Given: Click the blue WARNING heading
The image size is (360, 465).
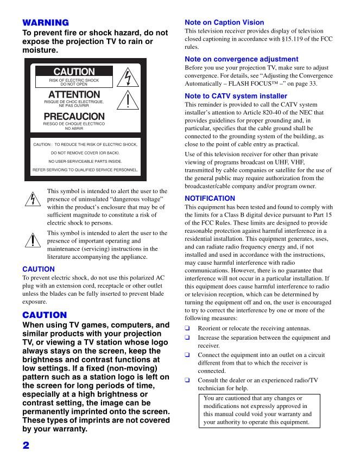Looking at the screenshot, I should pyautogui.click(x=45, y=23).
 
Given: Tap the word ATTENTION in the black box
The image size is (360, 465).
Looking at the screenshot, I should pyautogui.click(x=74, y=95).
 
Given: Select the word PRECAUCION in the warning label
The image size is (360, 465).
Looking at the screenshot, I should pyautogui.click(x=74, y=117).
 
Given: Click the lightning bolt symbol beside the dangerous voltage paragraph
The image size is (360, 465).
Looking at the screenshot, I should pyautogui.click(x=33, y=199).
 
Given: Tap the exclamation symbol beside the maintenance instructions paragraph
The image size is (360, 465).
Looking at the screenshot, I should pyautogui.click(x=33, y=239).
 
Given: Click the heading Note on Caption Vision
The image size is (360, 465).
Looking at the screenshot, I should pyautogui.click(x=224, y=23).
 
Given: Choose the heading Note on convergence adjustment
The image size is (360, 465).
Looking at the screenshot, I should pyautogui.click(x=241, y=59).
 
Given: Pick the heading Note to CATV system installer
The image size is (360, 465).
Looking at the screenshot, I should pyautogui.click(x=236, y=96).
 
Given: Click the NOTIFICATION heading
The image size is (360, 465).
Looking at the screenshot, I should pyautogui.click(x=210, y=198).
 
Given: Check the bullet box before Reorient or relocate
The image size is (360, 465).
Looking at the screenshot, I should pyautogui.click(x=188, y=328).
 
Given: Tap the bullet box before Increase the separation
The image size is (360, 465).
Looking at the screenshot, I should pyautogui.click(x=188, y=337).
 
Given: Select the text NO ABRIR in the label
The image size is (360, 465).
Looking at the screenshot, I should pyautogui.click(x=74, y=129).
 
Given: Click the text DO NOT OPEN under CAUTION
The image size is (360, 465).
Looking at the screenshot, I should pyautogui.click(x=74, y=85).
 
